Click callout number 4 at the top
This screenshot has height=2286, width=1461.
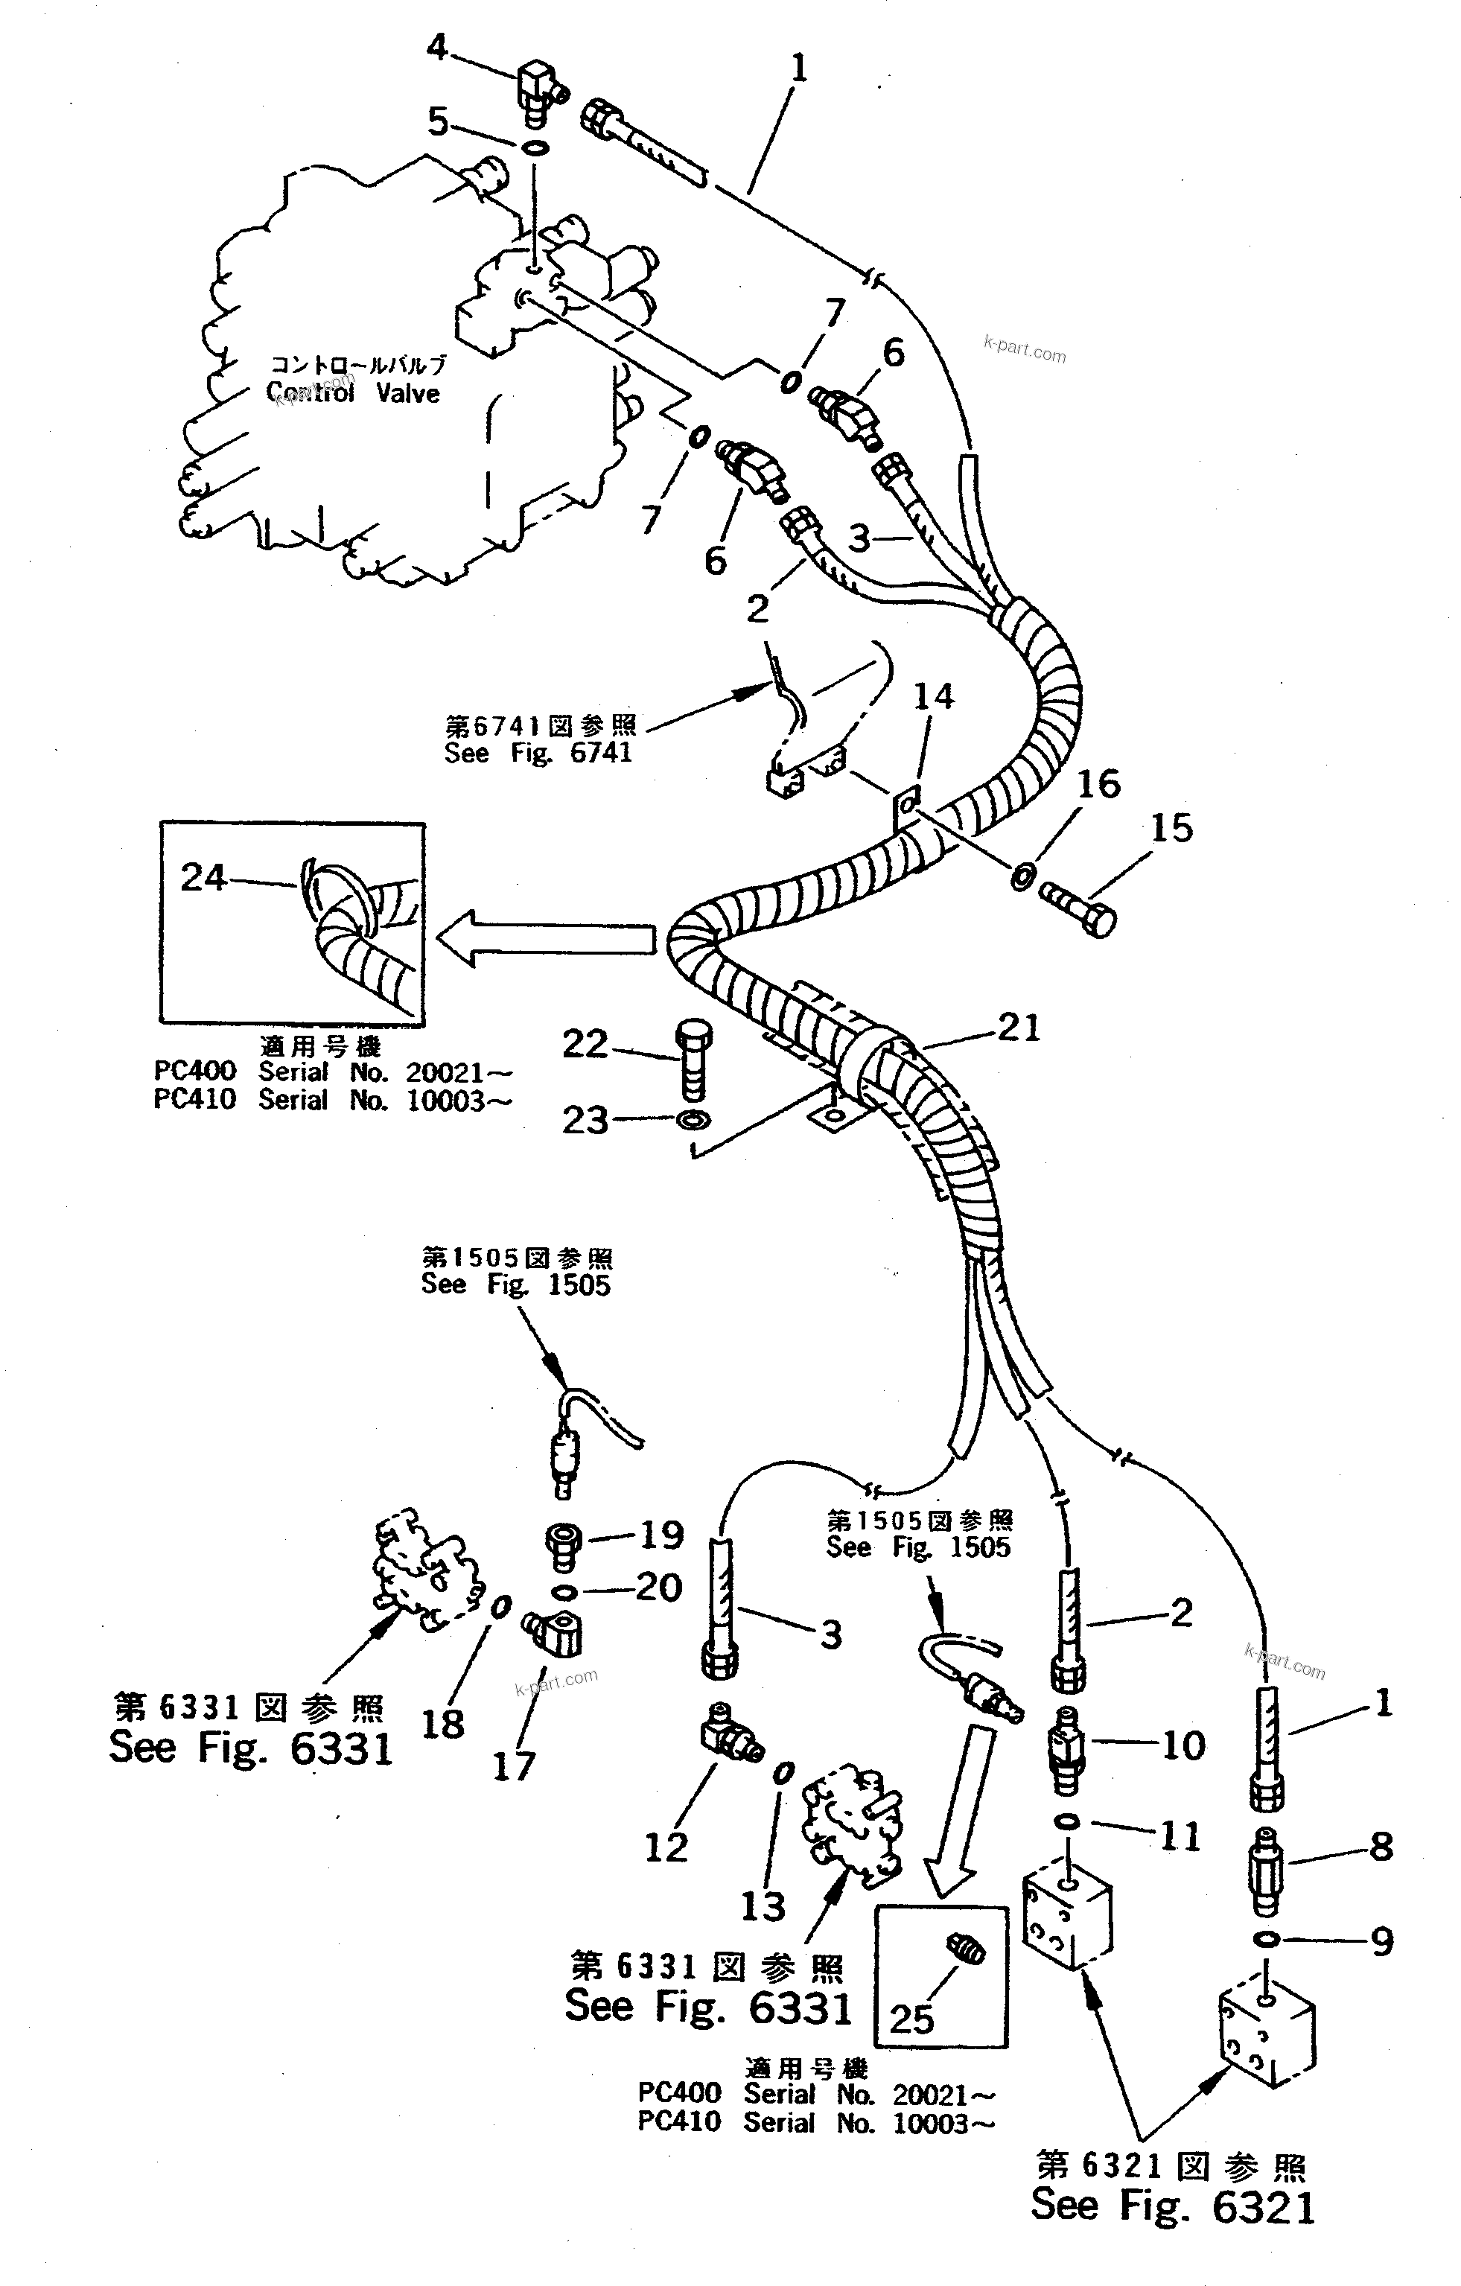[x=436, y=46]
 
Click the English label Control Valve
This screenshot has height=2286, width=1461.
[x=353, y=393]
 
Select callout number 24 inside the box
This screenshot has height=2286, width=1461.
[x=203, y=877]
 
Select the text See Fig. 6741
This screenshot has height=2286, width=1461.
[x=538, y=753]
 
